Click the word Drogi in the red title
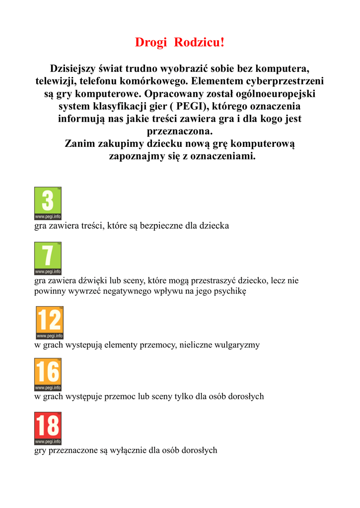point(151,43)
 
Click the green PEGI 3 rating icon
point(48,203)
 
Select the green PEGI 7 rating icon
point(48,258)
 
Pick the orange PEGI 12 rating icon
point(49,322)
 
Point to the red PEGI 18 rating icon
point(48,428)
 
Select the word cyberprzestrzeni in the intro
point(282,81)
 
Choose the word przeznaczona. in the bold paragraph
point(180,131)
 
